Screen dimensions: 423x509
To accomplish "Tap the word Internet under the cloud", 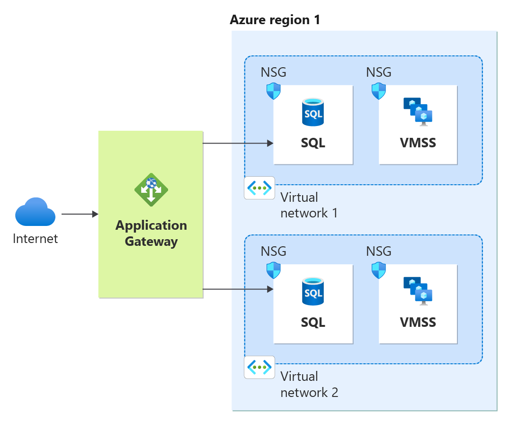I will coord(36,238).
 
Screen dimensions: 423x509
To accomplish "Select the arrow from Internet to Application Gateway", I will coord(80,214).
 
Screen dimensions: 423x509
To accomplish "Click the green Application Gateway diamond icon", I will coord(151,189).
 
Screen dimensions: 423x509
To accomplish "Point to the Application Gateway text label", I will coord(151,233).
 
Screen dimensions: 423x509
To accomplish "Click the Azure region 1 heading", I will coord(275,20).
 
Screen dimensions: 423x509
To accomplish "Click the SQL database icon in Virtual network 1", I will coord(313,112).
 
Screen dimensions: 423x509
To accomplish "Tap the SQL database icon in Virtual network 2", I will coord(313,291).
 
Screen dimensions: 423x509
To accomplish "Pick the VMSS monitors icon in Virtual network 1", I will coord(418,112).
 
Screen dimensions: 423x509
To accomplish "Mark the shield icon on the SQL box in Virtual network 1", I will coord(274,91).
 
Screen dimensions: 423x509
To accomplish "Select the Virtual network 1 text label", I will coord(309,205).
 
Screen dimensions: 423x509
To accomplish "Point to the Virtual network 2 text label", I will coord(309,384).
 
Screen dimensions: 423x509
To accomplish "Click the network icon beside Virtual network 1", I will coord(259,188).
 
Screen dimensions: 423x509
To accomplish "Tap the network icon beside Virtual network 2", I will coord(259,367).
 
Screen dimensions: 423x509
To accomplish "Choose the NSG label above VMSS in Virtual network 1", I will coord(379,72).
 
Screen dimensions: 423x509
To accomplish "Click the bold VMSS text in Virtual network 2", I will coord(418,323).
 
